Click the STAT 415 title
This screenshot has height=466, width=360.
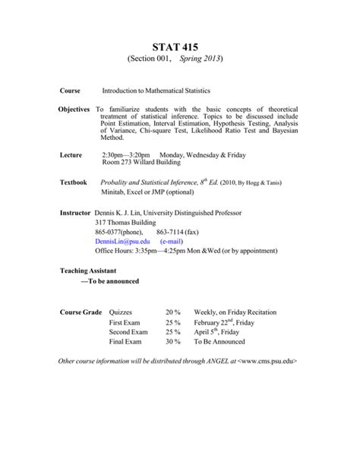pyautogui.click(x=180, y=47)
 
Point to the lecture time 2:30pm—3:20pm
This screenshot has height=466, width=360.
pyautogui.click(x=128, y=154)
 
